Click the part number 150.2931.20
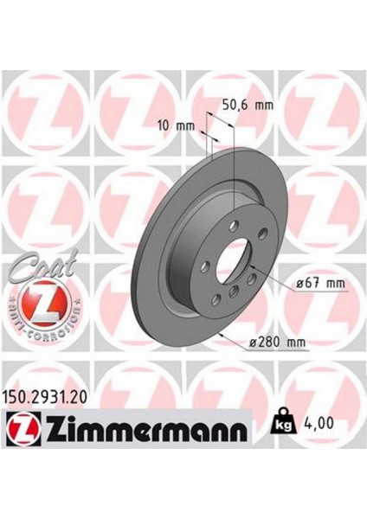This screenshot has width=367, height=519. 53,397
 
